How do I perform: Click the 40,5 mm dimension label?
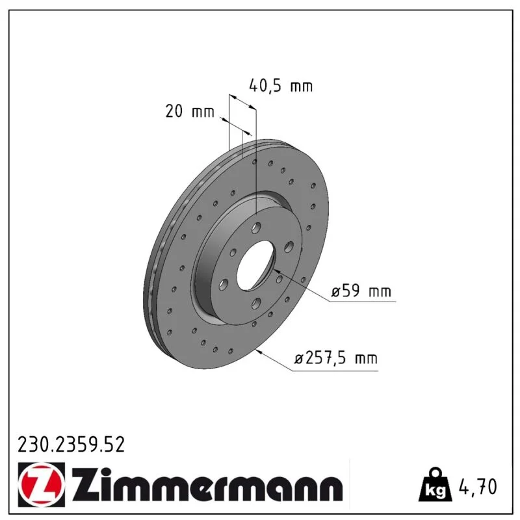click(x=281, y=86)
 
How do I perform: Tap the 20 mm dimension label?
click(x=190, y=111)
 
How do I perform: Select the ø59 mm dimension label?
click(x=361, y=291)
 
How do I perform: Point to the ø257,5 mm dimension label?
click(x=335, y=358)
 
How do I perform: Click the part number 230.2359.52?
click(x=71, y=445)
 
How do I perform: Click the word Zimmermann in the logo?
click(x=206, y=485)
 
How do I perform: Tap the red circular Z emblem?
click(x=42, y=484)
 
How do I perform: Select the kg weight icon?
click(x=435, y=485)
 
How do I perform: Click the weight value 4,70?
click(x=478, y=486)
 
